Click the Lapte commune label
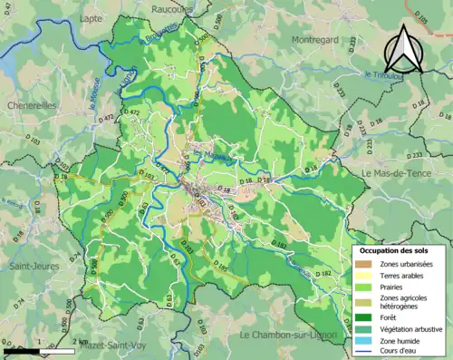coord(91,17)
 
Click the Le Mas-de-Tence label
coord(398,172)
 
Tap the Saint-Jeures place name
coord(34,267)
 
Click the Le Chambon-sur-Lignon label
coord(289,336)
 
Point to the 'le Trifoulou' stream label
coord(381,74)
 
